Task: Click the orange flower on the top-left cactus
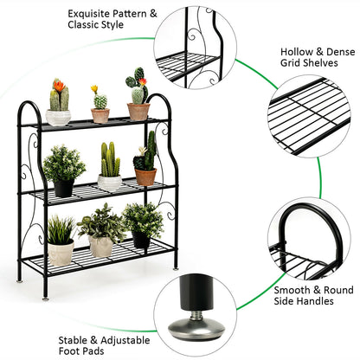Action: pos(58,85)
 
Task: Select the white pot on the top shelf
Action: pos(59,117)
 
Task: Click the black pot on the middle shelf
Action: pos(64,187)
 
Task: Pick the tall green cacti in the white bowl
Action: pos(110,161)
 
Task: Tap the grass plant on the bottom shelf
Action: pos(60,230)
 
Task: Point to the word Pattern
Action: pos(134,14)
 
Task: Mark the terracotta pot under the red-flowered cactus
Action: pos(138,111)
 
